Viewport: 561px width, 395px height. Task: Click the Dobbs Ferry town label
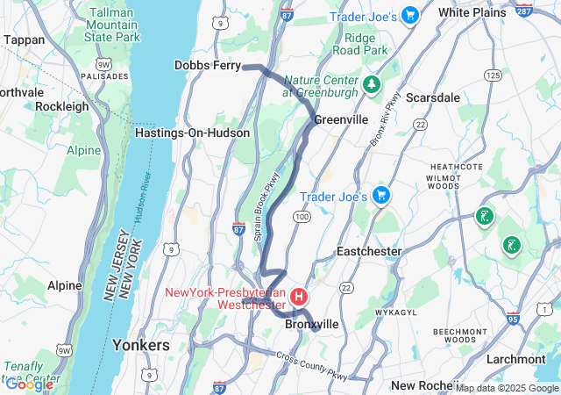click(207, 65)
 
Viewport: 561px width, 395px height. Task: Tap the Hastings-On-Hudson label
click(192, 133)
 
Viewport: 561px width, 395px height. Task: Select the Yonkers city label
click(141, 346)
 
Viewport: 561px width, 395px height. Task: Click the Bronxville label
click(312, 324)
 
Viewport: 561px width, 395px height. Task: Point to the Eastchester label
click(369, 251)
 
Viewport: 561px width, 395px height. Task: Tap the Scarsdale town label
click(432, 97)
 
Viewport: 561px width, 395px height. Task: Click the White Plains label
click(472, 12)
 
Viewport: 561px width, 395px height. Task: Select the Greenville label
click(340, 118)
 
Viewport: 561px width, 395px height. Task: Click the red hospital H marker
click(300, 297)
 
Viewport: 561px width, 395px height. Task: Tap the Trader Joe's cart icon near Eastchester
click(380, 195)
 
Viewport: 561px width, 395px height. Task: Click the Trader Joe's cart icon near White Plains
click(409, 15)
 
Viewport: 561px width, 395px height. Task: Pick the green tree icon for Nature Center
click(372, 84)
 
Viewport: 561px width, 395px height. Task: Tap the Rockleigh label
click(62, 106)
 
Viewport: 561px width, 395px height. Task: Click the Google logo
click(29, 384)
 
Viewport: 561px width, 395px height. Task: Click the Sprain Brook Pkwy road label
click(272, 207)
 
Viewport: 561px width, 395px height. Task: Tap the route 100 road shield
click(302, 216)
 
